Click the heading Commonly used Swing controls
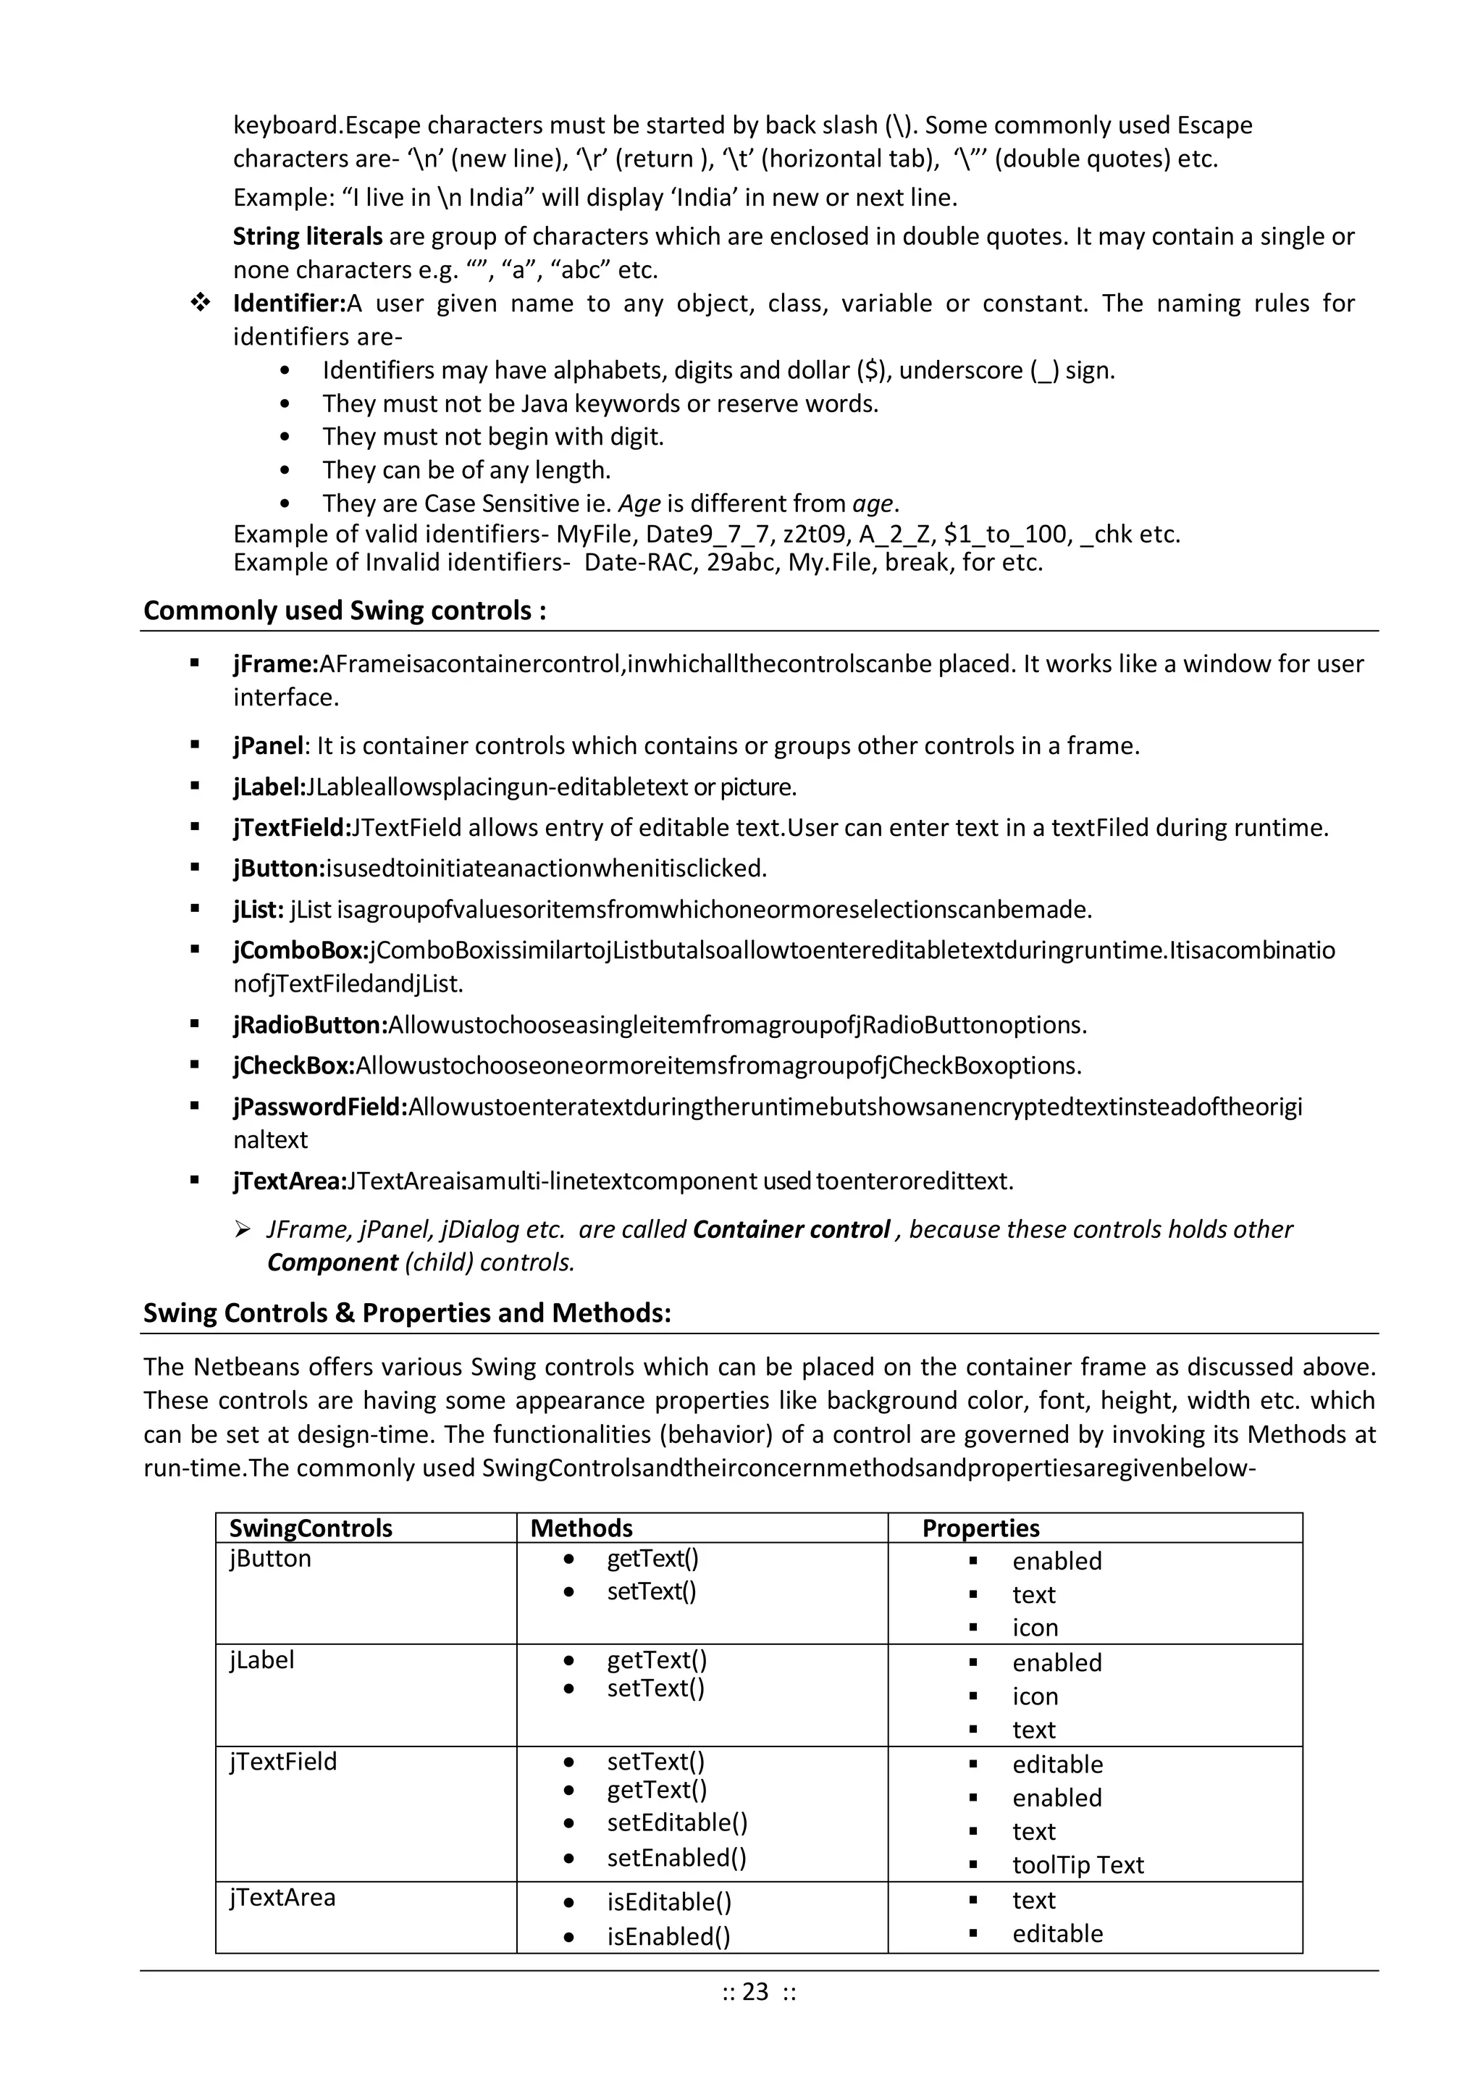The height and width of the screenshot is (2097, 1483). [x=344, y=610]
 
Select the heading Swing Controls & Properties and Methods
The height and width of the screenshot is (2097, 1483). [x=406, y=1313]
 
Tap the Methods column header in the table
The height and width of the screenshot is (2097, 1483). [x=581, y=1528]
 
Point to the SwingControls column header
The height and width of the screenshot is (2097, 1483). [x=311, y=1528]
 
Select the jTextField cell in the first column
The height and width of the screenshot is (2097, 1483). [x=283, y=1761]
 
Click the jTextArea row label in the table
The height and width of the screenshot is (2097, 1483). [x=282, y=1897]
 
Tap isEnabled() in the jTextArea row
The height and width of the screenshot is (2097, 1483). [x=668, y=1935]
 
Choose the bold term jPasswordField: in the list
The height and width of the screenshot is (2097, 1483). [x=319, y=1107]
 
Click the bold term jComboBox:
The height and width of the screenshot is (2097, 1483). [x=301, y=951]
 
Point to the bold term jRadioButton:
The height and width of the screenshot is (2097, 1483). [x=311, y=1025]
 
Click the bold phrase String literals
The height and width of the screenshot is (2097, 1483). [x=308, y=237]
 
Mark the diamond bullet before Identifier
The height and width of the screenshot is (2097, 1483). [x=200, y=304]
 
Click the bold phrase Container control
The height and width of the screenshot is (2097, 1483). [x=791, y=1229]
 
